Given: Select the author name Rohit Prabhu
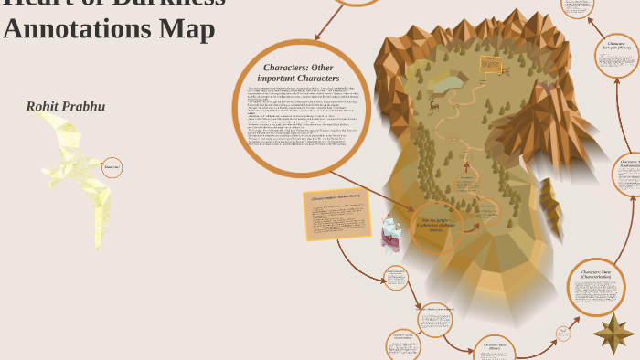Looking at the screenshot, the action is pyautogui.click(x=65, y=107).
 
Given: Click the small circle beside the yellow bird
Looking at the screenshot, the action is pyautogui.click(x=112, y=168).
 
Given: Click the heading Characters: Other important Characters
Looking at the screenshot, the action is pyautogui.click(x=298, y=73).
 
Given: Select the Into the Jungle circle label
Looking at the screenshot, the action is pyautogui.click(x=436, y=224).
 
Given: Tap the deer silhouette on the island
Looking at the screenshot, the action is pyautogui.click(x=433, y=105).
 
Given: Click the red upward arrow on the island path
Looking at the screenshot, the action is pyautogui.click(x=467, y=165).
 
